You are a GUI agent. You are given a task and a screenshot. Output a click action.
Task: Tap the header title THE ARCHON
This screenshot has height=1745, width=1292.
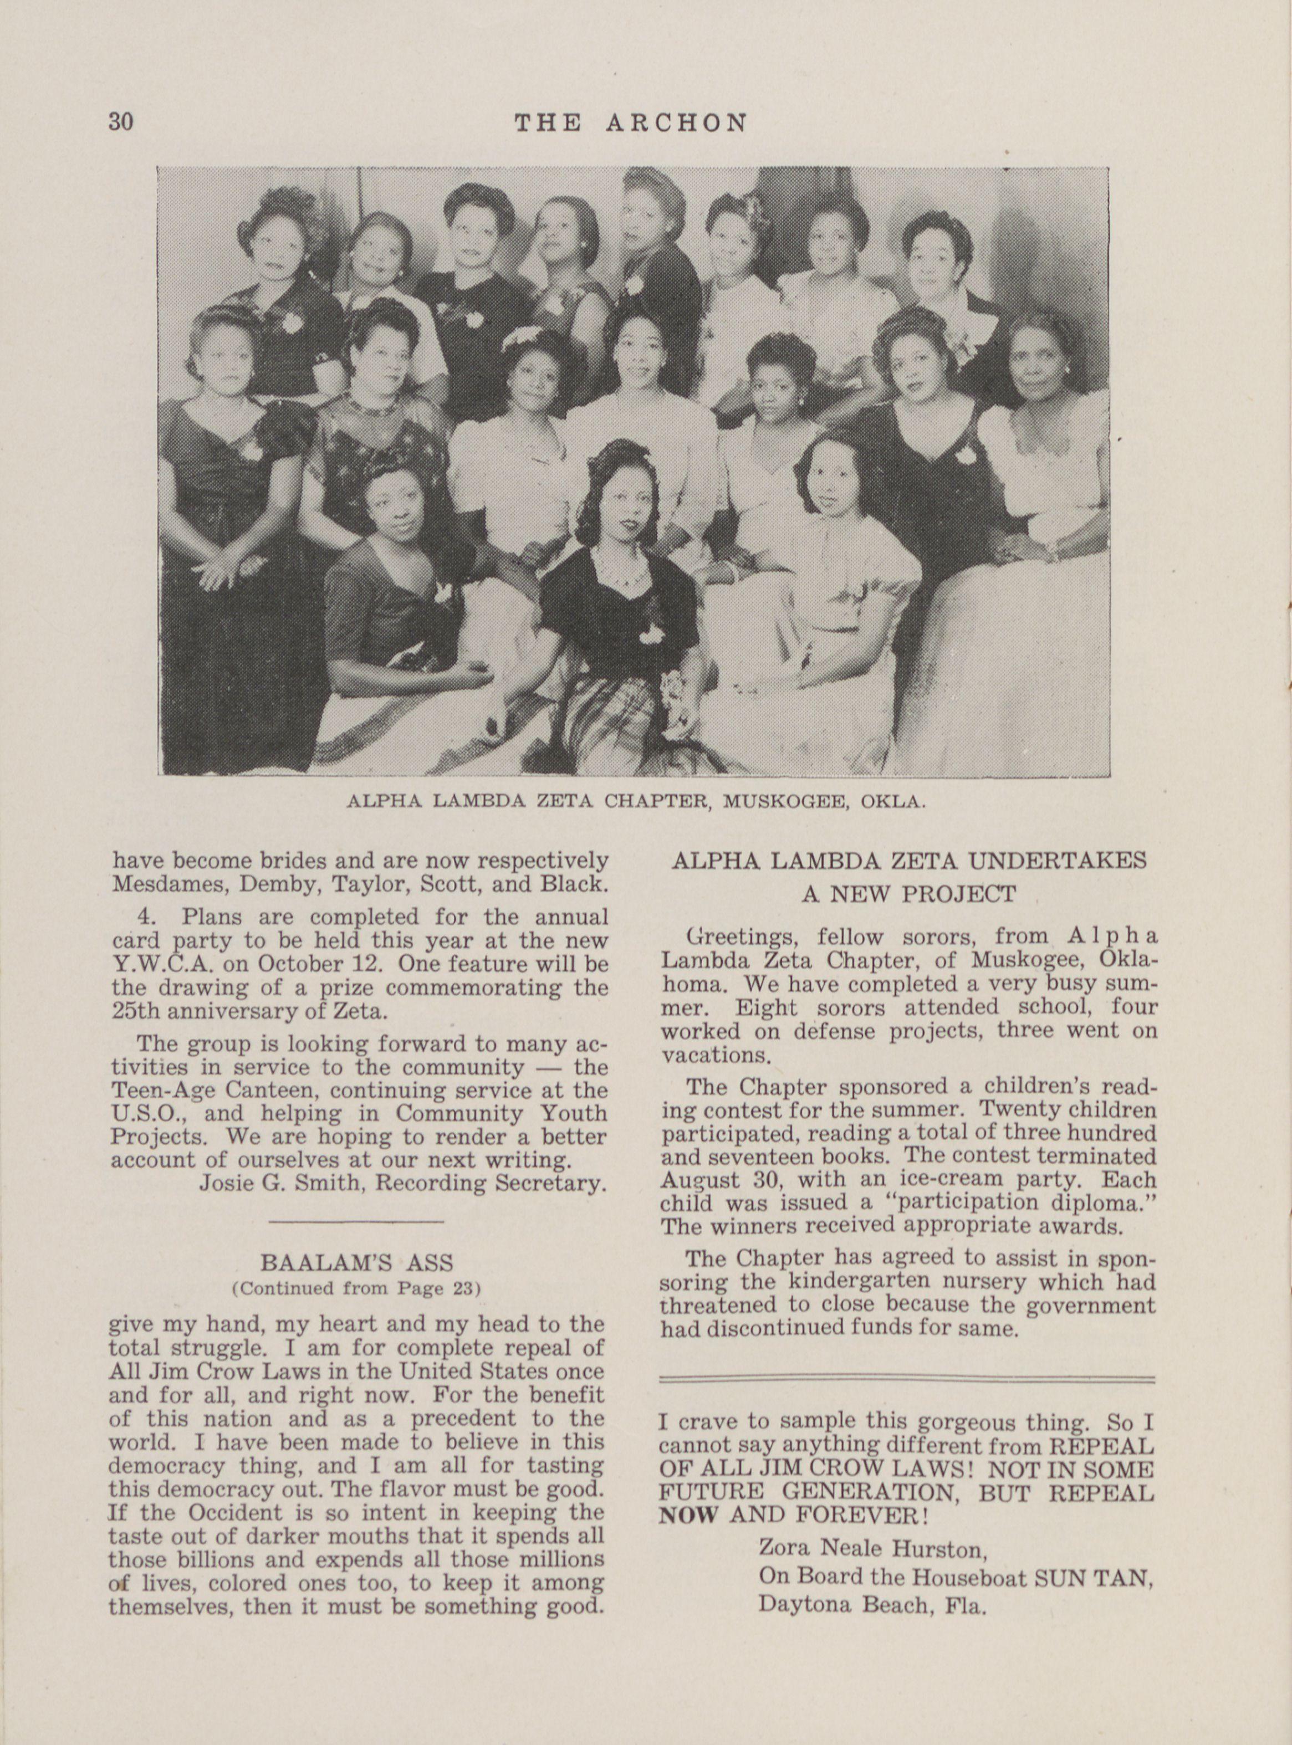point(630,123)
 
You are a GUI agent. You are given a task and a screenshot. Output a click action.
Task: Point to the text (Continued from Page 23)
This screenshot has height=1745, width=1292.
point(356,1288)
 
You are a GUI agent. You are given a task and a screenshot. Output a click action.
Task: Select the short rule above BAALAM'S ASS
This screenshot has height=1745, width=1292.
point(356,1221)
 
